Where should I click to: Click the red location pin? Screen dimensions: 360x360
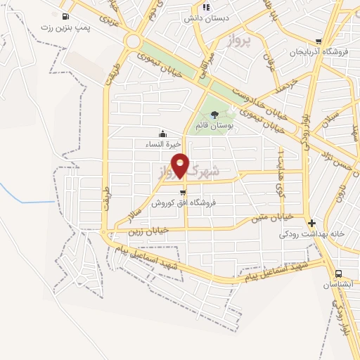coord(181,165)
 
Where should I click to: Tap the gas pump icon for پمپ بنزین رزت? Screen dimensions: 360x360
coord(65,17)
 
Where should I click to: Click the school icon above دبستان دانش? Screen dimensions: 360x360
coord(206,8)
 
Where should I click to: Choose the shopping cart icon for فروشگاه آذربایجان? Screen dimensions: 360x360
coord(319,41)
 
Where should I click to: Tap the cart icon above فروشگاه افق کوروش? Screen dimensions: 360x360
coord(183,193)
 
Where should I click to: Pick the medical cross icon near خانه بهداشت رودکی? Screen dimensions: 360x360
coord(312,223)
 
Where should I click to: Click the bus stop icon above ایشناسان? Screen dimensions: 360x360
coord(338,274)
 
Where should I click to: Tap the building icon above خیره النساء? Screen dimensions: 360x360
coord(163,134)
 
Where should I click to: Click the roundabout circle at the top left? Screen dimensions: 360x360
coord(132,41)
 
